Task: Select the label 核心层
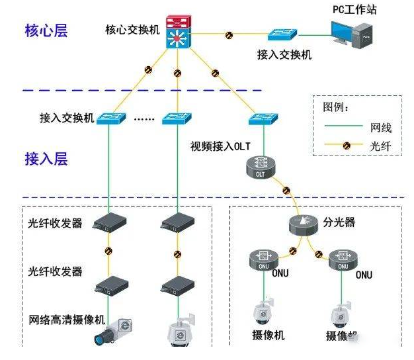[x=46, y=30]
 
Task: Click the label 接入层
[x=46, y=159]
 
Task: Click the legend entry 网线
[x=382, y=124]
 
